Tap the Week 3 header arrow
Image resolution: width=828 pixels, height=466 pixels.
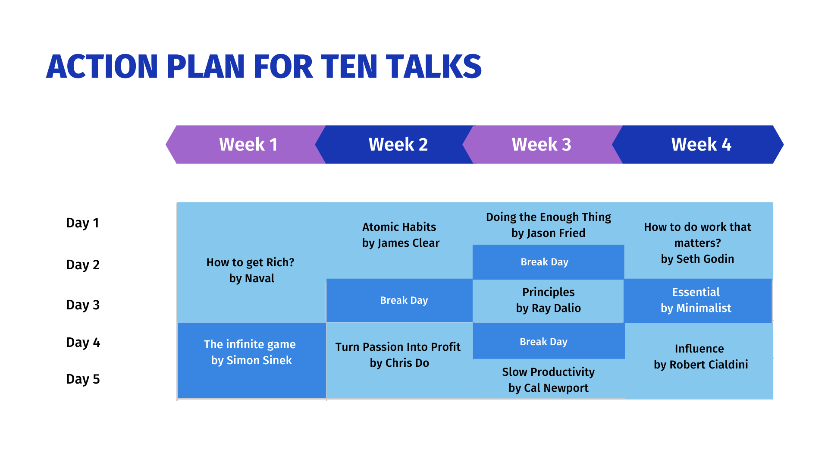543,145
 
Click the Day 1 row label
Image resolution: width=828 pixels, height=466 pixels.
83,223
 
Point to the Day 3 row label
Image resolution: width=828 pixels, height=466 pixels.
83,305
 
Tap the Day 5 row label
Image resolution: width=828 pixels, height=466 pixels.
83,379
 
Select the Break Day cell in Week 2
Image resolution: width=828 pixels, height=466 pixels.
400,300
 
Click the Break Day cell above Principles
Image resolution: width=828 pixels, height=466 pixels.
549,262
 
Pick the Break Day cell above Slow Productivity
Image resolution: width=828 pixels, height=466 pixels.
549,341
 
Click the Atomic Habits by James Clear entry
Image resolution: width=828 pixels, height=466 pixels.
401,235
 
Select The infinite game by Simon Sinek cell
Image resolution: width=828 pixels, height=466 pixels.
251,360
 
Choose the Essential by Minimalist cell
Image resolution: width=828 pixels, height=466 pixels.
698,300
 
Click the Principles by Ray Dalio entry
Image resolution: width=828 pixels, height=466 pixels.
549,300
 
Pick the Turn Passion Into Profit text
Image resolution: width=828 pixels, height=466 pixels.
398,347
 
